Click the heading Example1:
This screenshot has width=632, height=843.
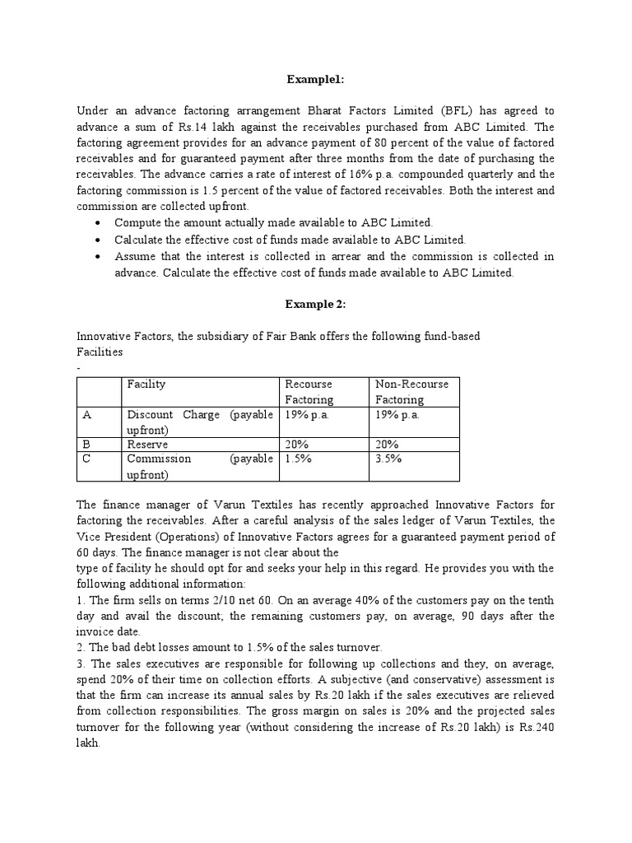coord(315,79)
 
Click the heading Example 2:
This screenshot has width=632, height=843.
coord(315,304)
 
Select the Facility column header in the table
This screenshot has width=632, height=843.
coord(146,384)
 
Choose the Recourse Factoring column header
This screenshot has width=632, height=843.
coord(309,392)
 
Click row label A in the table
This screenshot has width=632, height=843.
coord(86,415)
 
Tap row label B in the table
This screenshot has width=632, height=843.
coord(86,444)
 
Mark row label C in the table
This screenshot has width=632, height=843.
coord(86,459)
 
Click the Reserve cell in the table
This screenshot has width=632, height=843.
coord(146,444)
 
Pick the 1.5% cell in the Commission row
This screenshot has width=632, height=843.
coord(298,459)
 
